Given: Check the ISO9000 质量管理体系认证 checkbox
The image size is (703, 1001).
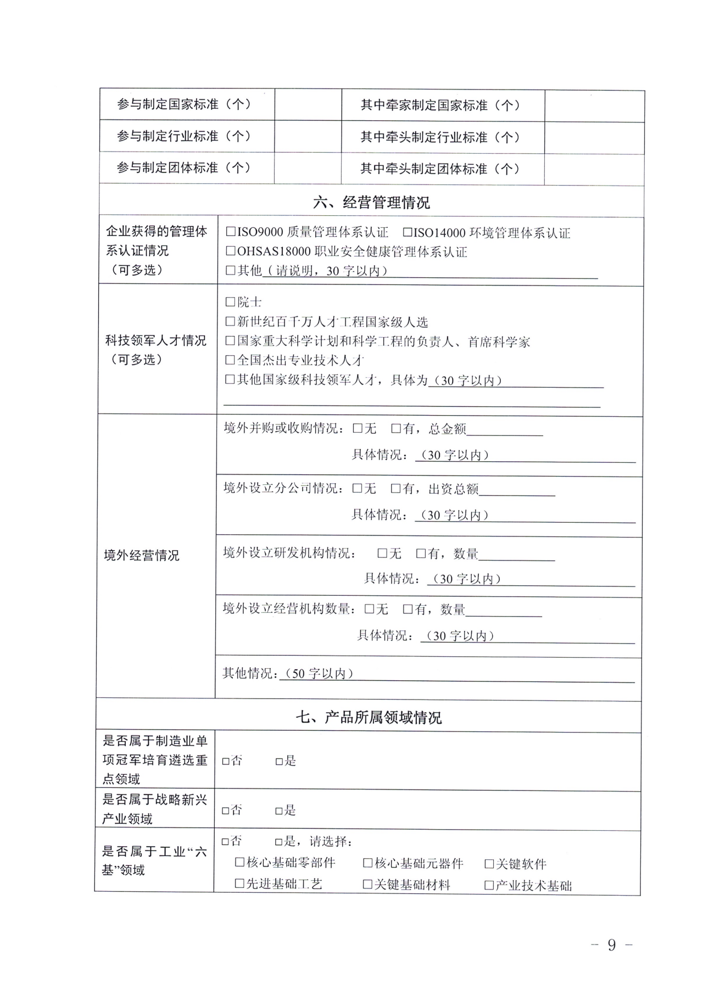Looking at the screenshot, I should tap(231, 232).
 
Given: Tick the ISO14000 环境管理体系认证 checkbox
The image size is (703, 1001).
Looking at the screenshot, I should tap(407, 233).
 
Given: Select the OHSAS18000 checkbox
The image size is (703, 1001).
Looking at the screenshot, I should tap(231, 251).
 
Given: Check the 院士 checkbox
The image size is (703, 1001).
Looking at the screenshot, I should tap(230, 301).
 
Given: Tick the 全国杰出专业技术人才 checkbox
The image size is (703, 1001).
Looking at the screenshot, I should tap(230, 360).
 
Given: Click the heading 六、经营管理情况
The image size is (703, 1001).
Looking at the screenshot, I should tap(371, 203).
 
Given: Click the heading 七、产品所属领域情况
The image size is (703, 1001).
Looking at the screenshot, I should tap(368, 717).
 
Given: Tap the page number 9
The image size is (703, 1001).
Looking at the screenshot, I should tap(612, 944).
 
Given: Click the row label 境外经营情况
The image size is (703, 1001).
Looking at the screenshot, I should tap(142, 555).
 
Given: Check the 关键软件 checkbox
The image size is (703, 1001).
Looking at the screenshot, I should tap(489, 864).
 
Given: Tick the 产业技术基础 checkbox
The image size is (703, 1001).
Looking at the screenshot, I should tap(489, 885).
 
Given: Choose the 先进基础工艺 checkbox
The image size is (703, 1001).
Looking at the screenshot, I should tap(239, 883).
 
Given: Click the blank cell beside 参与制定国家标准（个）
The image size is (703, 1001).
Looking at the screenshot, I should tap(308, 104).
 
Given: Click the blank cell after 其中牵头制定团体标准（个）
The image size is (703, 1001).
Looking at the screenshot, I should tap(594, 169).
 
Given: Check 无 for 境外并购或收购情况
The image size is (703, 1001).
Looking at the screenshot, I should tap(358, 428).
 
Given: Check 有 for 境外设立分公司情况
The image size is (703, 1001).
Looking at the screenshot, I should tap(395, 488).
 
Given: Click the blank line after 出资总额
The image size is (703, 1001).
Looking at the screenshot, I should tap(517, 490).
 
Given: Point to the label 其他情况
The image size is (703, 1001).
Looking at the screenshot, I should tap(249, 673).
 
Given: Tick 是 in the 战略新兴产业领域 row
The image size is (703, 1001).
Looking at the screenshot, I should tap(279, 810).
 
